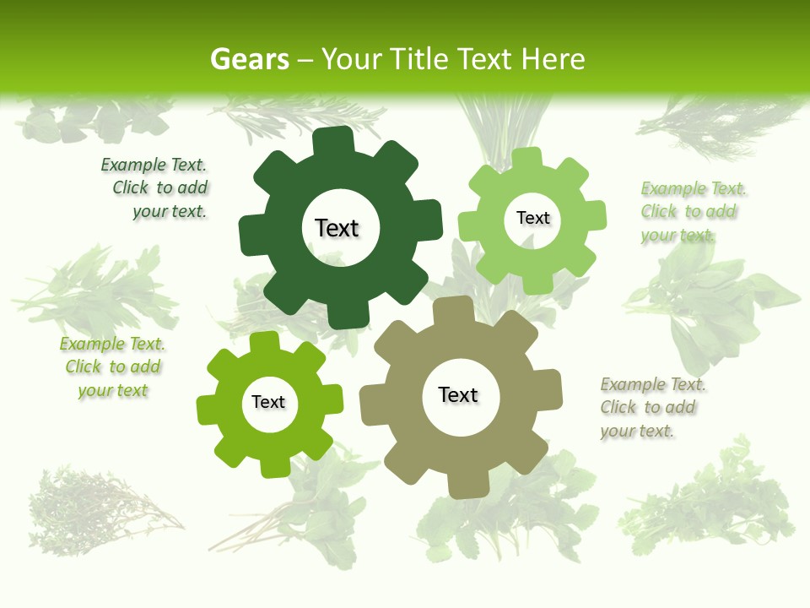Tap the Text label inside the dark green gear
[337, 228]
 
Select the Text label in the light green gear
[532, 218]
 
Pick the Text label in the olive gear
[458, 394]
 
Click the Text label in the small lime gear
[268, 402]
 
